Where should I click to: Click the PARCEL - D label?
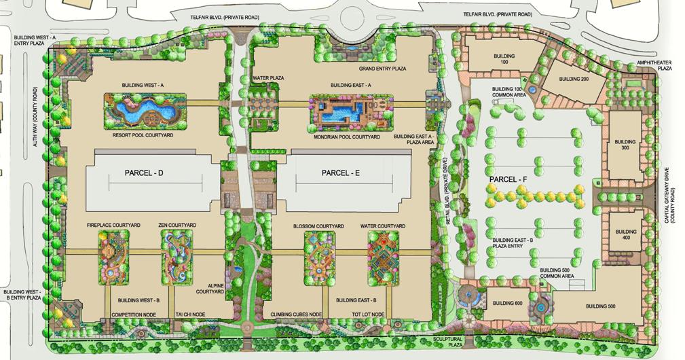click(x=145, y=173)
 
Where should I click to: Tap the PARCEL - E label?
click(x=340, y=173)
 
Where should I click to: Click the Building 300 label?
click(x=627, y=146)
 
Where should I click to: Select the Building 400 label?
click(x=627, y=235)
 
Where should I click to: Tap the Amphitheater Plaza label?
click(x=654, y=65)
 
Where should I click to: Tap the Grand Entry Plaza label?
click(x=382, y=69)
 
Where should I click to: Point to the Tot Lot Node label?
click(x=369, y=314)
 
